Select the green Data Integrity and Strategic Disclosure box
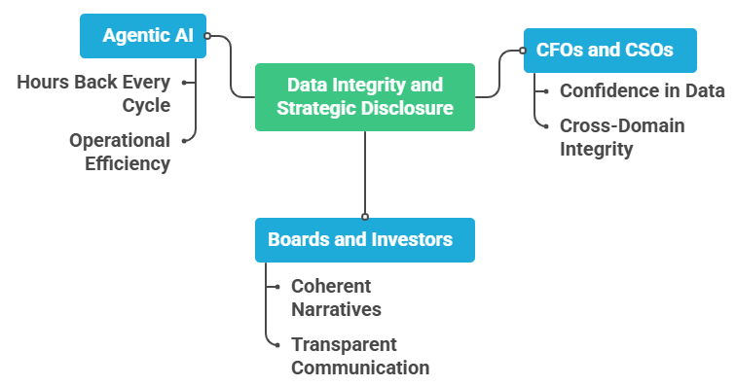pyautogui.click(x=365, y=96)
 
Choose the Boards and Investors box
pyautogui.click(x=365, y=239)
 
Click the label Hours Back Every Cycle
pyautogui.click(x=93, y=93)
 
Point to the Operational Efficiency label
pyautogui.click(x=119, y=152)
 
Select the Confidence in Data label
pyautogui.click(x=643, y=91)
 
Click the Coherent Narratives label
pyautogui.click(x=336, y=298)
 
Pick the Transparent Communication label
pyautogui.click(x=359, y=356)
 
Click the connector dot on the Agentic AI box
pyautogui.click(x=207, y=37)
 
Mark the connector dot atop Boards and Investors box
pyautogui.click(x=365, y=216)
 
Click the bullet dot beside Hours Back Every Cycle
pyautogui.click(x=184, y=82)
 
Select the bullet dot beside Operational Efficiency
pyautogui.click(x=184, y=140)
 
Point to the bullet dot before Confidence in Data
pyautogui.click(x=546, y=92)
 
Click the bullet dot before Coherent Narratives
pyautogui.click(x=277, y=287)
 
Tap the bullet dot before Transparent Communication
pyautogui.click(x=277, y=345)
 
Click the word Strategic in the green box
pyautogui.click(x=316, y=108)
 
